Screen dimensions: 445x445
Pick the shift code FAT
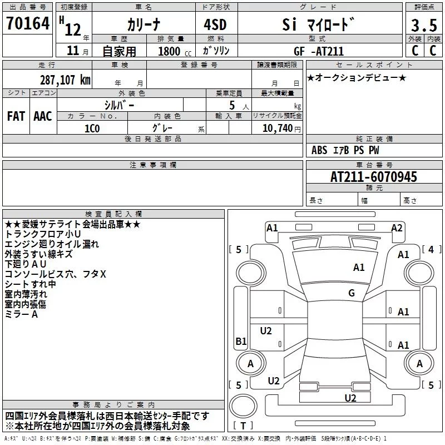click(x=16, y=116)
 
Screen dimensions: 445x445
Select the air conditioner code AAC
click(x=43, y=116)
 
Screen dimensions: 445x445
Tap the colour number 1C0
click(x=92, y=128)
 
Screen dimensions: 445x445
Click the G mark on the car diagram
click(x=352, y=293)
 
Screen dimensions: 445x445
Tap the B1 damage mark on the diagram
click(x=241, y=342)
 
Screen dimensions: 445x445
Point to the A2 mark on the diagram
click(x=397, y=228)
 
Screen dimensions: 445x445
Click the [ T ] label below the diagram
click(x=244, y=426)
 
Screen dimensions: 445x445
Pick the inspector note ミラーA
click(x=21, y=314)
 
